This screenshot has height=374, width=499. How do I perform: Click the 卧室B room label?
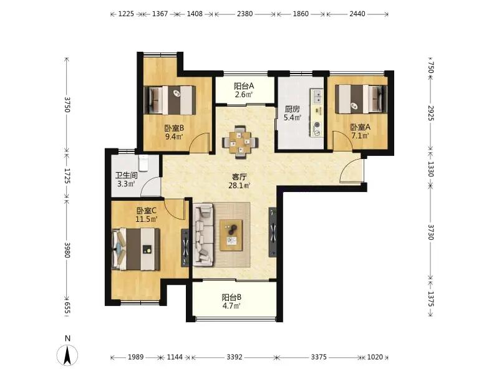click(x=174, y=128)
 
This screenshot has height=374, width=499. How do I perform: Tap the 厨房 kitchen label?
click(x=292, y=109)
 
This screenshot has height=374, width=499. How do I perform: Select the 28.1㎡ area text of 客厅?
click(x=240, y=185)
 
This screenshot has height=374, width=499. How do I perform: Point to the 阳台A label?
click(x=244, y=86)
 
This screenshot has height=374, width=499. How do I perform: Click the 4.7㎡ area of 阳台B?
click(x=231, y=306)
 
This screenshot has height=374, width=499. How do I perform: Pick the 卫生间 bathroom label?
click(x=127, y=175)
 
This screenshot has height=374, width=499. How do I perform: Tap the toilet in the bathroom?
click(x=144, y=163)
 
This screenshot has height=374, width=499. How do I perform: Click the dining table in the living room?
click(x=240, y=142)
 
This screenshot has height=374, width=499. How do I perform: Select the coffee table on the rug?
click(x=231, y=236)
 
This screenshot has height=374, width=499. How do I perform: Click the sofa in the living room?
click(x=203, y=235)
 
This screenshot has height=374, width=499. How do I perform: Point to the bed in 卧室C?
click(x=136, y=249)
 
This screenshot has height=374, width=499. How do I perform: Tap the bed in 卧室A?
click(x=361, y=99)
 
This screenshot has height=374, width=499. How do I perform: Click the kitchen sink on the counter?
click(x=317, y=97)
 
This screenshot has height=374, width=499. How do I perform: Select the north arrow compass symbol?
click(x=67, y=355)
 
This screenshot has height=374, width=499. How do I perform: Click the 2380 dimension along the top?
click(x=245, y=14)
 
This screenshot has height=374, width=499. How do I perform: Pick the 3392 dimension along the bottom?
click(x=235, y=357)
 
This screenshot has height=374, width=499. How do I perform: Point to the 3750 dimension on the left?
click(x=67, y=104)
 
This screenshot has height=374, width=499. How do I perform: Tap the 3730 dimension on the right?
click(x=430, y=232)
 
